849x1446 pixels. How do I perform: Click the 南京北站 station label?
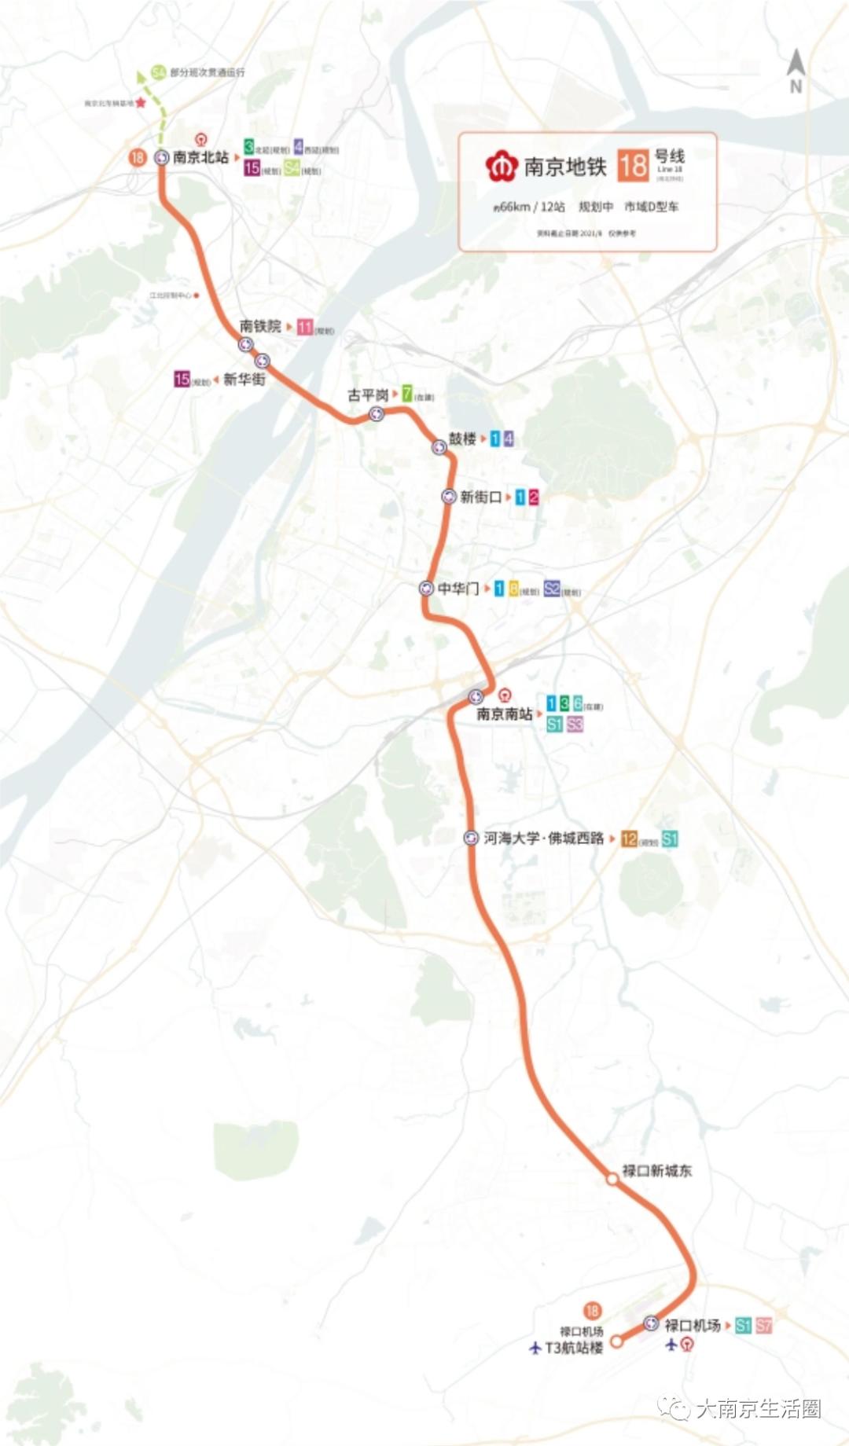[x=200, y=157]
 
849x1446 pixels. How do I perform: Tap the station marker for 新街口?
[x=449, y=497]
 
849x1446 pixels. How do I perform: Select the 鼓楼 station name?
[x=462, y=439]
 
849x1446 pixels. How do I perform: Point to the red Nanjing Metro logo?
[x=500, y=167]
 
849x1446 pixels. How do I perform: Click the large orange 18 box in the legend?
[x=633, y=166]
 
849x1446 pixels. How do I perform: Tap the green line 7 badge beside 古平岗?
[x=406, y=394]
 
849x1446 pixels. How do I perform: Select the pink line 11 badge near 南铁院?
[x=305, y=327]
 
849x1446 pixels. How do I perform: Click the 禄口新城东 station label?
[x=657, y=1171]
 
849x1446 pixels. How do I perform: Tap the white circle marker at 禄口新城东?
[x=612, y=1178]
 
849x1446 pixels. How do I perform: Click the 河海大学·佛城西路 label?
[x=544, y=839]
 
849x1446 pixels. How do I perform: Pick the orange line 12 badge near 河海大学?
[x=628, y=839]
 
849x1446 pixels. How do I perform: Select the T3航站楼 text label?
[x=574, y=1347]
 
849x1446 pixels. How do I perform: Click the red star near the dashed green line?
[x=141, y=103]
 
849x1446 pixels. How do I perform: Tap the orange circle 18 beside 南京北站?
[x=138, y=157]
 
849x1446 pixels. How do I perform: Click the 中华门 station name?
[x=458, y=589]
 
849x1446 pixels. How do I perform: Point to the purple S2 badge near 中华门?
[x=552, y=589]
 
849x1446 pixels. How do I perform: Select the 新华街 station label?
[x=244, y=380]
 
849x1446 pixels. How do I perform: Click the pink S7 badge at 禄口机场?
[x=763, y=1326]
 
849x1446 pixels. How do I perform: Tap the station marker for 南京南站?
[x=476, y=696]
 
